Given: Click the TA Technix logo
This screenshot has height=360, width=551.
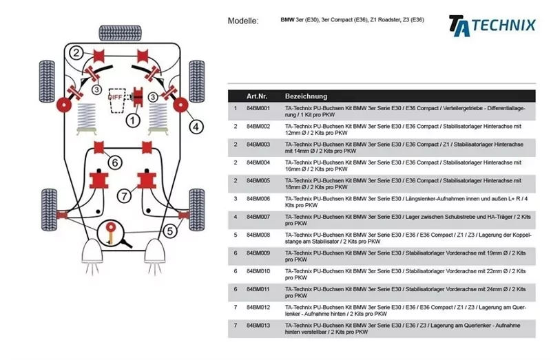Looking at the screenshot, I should [x=492, y=24].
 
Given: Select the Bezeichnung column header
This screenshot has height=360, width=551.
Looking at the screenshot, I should [x=306, y=96].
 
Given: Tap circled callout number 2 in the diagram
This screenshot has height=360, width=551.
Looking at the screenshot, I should [x=76, y=53].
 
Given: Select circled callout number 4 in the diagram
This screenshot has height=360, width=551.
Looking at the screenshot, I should [x=196, y=126].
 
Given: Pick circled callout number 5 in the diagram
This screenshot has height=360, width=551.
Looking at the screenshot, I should [x=169, y=231].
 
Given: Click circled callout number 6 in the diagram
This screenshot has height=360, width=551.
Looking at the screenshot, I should [x=115, y=162].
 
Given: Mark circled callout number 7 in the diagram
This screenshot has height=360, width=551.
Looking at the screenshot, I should [x=123, y=196].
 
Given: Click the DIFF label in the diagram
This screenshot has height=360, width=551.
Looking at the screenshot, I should [x=114, y=98].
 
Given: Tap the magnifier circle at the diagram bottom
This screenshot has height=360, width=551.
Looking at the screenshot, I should [x=111, y=233].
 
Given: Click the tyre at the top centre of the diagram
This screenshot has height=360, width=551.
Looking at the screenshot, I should [x=117, y=32].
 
